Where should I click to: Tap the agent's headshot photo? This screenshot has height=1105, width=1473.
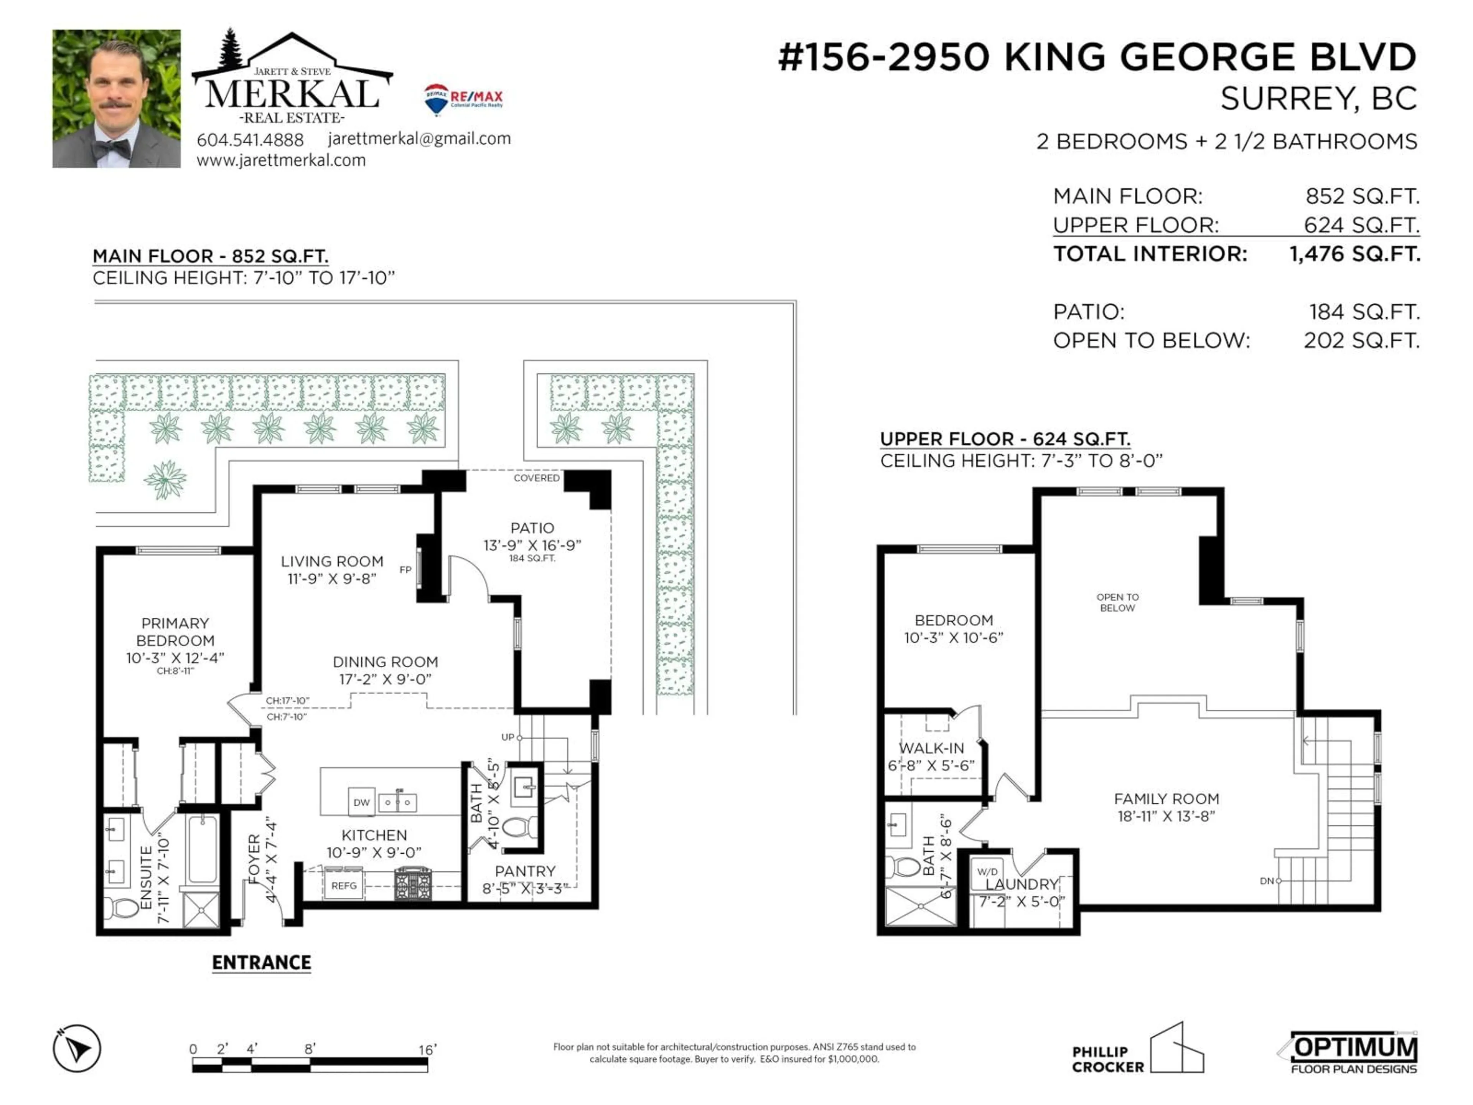tap(117, 99)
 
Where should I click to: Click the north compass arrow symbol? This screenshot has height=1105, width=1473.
tap(77, 1048)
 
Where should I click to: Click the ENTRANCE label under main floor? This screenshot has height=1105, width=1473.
tap(261, 962)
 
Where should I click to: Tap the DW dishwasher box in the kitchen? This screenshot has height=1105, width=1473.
tap(362, 802)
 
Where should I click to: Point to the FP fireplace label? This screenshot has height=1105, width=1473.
tap(405, 569)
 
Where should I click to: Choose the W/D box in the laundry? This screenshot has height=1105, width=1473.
tap(987, 872)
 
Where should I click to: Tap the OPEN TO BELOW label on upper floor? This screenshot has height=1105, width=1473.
tap(1117, 602)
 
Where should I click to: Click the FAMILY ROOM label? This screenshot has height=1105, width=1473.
tap(1166, 798)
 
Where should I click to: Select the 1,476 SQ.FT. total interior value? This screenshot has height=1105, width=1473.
tap(1354, 254)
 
